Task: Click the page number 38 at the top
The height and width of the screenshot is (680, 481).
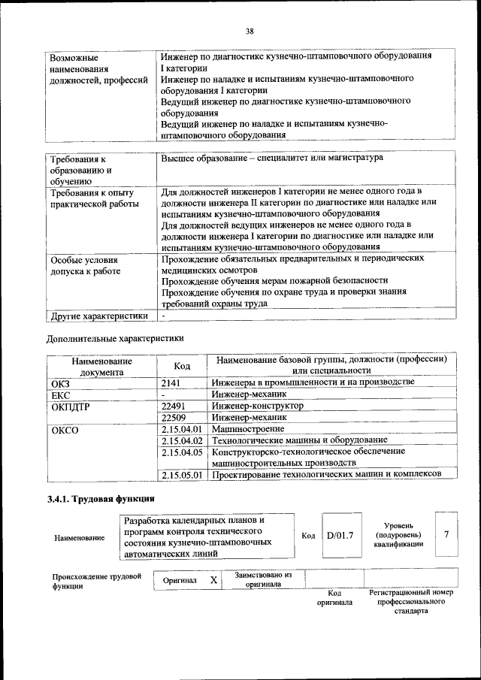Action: pyautogui.click(x=249, y=31)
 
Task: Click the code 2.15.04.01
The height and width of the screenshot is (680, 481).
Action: pyautogui.click(x=183, y=428)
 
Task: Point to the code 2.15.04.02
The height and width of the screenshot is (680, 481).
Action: pyautogui.click(x=183, y=440)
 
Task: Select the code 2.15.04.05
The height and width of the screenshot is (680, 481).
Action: pyautogui.click(x=183, y=452)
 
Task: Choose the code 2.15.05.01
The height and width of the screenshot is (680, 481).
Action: pyautogui.click(x=183, y=475)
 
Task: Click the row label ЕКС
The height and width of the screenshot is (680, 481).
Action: pyautogui.click(x=60, y=394)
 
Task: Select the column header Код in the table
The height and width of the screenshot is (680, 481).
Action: pyautogui.click(x=181, y=365)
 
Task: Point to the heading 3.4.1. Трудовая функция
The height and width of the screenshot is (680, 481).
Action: pyautogui.click(x=101, y=499)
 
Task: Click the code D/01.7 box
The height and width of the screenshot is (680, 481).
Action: pyautogui.click(x=340, y=535)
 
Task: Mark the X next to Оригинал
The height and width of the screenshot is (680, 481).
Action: pyautogui.click(x=213, y=580)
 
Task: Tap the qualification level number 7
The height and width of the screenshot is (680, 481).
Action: pyautogui.click(x=446, y=534)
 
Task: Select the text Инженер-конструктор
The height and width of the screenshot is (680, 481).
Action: pyautogui.click(x=258, y=406)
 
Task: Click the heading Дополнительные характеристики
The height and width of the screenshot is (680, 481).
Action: pyautogui.click(x=115, y=338)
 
